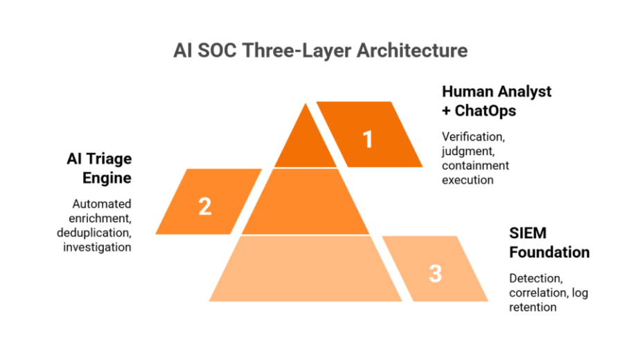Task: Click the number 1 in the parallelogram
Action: [x=368, y=140]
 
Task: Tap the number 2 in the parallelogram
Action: [x=205, y=206]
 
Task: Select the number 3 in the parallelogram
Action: [x=435, y=273]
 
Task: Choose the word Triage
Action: [x=109, y=159]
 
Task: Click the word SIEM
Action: [x=528, y=233]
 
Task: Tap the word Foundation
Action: [x=549, y=251]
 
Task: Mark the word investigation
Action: [x=97, y=247]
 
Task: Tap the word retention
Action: [x=533, y=307]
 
